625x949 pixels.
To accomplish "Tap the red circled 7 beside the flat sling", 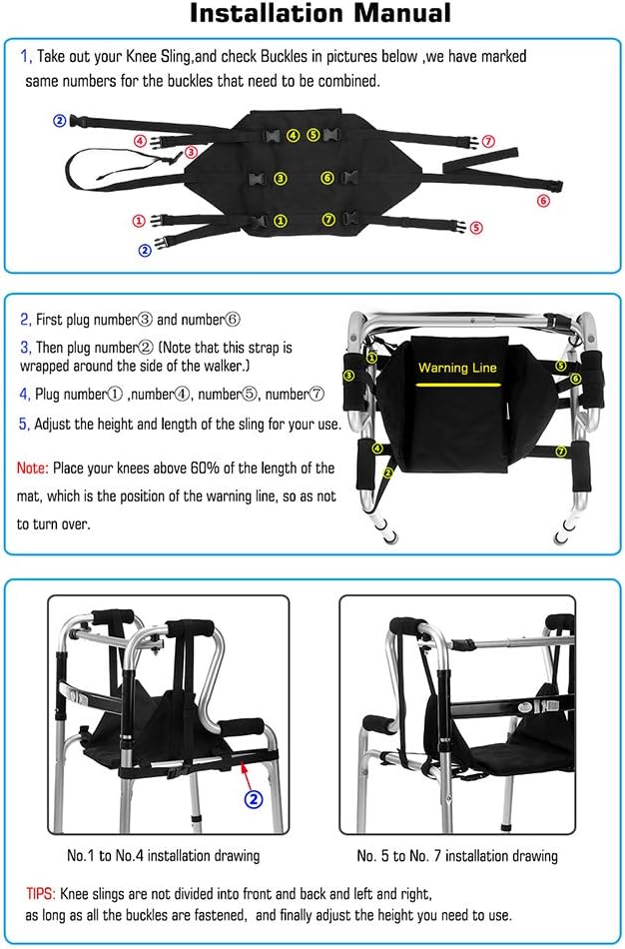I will coord(487,141).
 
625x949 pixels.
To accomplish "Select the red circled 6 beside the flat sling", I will coord(543,201).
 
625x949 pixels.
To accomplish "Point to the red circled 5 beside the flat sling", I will coord(476,227).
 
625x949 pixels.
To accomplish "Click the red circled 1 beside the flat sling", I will coord(138,220).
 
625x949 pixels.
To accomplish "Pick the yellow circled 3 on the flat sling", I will coord(281,179).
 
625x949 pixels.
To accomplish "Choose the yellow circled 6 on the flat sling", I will coord(326,179).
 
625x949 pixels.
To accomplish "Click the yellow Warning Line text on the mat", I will coord(457,368).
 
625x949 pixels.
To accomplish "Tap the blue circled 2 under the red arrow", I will coord(255,798).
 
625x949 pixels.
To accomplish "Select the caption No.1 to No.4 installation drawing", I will coord(163,856).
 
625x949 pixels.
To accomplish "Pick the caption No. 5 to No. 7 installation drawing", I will coord(457,856).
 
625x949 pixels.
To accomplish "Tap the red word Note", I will coord(34,468).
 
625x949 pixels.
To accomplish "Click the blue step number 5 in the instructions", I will coord(24,424).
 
